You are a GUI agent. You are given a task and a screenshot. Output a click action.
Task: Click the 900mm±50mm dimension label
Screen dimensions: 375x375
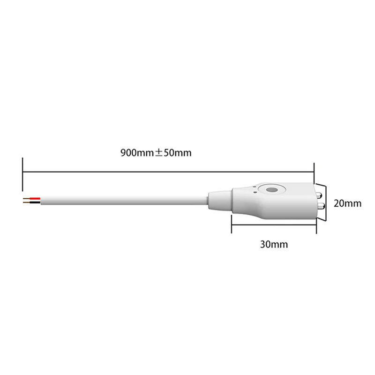pos(157,153)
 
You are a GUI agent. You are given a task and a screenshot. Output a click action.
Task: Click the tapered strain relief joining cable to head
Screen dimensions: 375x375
pos(219,199)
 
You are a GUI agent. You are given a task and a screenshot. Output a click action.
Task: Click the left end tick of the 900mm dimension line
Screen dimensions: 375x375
pos(22,172)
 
